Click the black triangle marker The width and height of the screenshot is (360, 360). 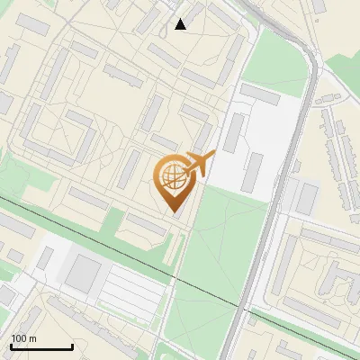(x=180, y=23)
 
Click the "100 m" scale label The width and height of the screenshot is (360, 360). (x=23, y=338)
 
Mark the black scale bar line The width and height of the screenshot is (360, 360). (x=41, y=347)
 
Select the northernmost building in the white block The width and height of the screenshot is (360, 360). (x=260, y=94)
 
